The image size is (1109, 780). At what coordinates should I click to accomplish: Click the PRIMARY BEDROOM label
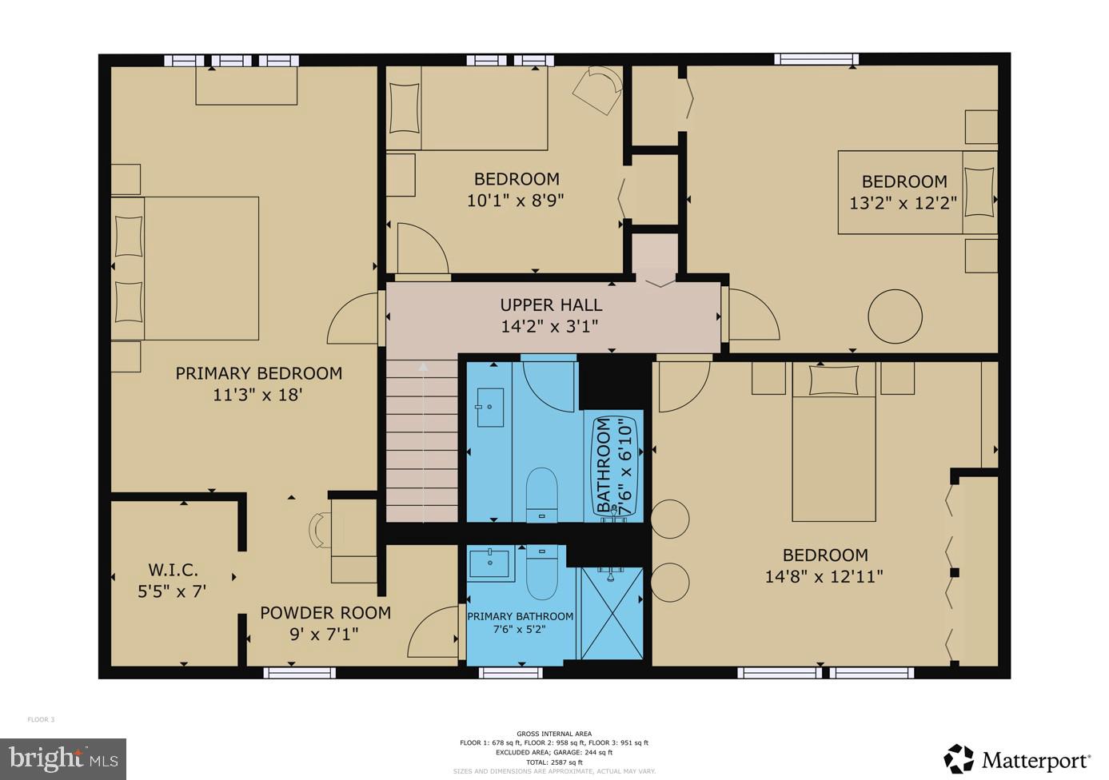258,373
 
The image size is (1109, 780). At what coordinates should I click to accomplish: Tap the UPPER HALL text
551,304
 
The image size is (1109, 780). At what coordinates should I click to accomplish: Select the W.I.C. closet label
173,570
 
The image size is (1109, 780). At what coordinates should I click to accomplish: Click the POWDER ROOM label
325,613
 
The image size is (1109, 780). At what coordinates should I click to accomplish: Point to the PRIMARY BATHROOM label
520,616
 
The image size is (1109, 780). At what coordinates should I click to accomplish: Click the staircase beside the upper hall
422,440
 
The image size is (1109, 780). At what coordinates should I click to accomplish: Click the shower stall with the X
612,613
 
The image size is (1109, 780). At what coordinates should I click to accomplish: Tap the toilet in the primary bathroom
542,571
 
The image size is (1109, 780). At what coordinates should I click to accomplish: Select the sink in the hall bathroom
490,408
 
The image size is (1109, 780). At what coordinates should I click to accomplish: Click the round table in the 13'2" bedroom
895,316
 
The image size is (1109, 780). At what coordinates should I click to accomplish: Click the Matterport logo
1017,758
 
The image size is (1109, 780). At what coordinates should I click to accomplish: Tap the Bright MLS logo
63,758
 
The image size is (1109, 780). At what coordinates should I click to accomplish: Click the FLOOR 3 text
41,719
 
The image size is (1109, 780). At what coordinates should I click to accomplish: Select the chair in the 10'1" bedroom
599,89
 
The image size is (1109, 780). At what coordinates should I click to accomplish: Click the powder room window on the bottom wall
299,673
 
